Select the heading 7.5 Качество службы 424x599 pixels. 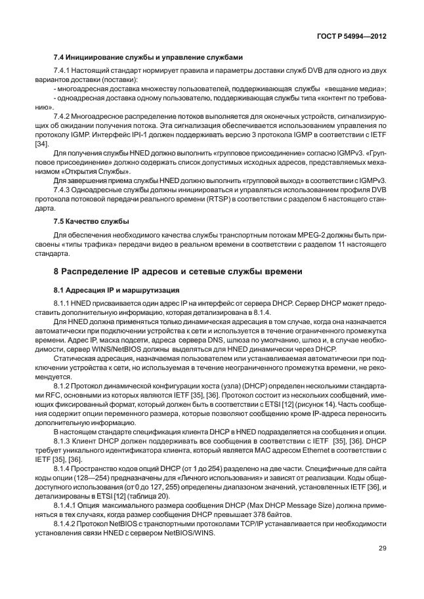91,220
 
